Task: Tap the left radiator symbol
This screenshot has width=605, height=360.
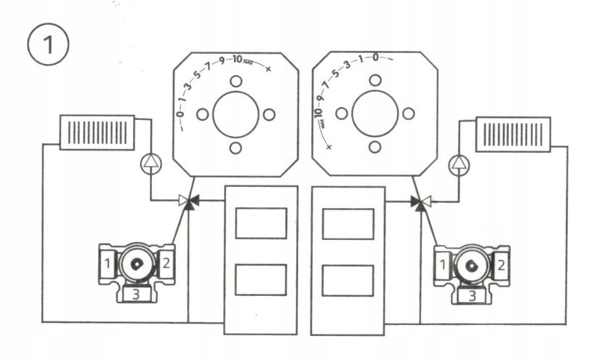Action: (97, 132)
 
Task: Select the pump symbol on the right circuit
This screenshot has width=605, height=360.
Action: (458, 165)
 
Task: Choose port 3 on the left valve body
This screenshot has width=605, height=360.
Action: (135, 294)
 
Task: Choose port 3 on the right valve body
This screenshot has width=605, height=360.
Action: (472, 294)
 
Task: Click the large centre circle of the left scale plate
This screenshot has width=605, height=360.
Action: (236, 114)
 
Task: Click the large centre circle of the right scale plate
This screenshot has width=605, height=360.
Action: (374, 114)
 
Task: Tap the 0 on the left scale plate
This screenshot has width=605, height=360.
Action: (180, 113)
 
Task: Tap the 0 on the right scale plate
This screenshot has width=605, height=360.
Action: (374, 57)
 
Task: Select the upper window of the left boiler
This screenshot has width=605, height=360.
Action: (261, 223)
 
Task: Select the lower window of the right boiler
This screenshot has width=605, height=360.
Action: (348, 280)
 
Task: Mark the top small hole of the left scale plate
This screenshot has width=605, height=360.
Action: (236, 80)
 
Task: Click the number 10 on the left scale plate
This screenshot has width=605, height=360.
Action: (238, 59)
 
